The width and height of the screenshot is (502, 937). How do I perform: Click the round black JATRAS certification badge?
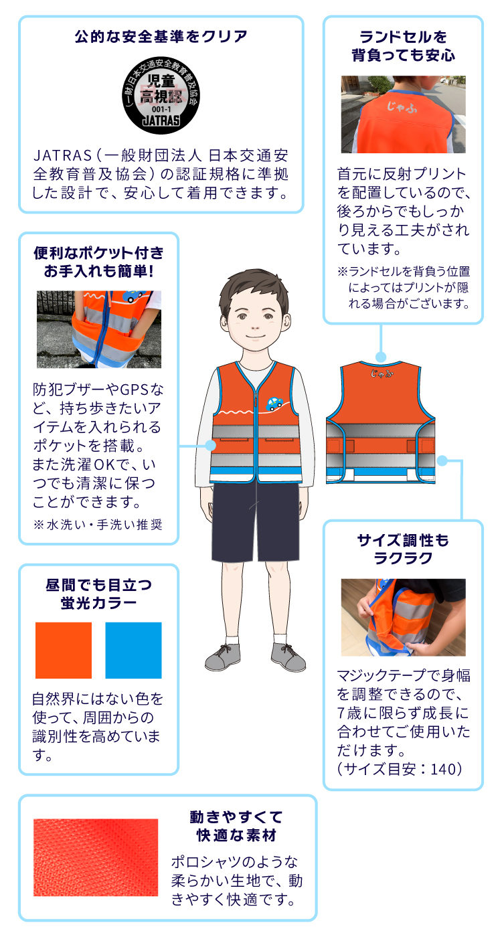click(161, 95)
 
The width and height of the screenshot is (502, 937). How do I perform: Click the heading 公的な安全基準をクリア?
click(161, 37)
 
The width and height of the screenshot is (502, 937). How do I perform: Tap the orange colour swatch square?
click(64, 650)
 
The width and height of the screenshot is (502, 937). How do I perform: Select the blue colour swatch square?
click(133, 650)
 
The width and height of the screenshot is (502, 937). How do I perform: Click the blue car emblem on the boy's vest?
click(274, 403)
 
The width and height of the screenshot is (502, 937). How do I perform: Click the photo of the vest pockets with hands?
click(99, 329)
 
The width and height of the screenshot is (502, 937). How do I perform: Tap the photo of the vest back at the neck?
click(403, 114)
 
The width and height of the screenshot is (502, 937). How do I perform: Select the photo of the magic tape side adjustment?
click(403, 617)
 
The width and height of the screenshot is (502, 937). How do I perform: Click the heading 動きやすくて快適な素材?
click(236, 826)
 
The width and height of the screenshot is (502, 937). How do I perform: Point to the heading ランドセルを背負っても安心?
click(403, 46)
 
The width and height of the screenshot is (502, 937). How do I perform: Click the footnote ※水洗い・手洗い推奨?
click(98, 525)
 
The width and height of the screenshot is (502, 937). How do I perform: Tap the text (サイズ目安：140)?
click(400, 769)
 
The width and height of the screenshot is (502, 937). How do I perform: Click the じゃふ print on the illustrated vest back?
click(381, 373)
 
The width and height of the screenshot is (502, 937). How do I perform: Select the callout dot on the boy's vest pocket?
click(210, 446)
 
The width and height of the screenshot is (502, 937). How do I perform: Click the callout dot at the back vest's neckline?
click(381, 357)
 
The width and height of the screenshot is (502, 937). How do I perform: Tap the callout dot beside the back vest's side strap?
click(442, 461)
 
